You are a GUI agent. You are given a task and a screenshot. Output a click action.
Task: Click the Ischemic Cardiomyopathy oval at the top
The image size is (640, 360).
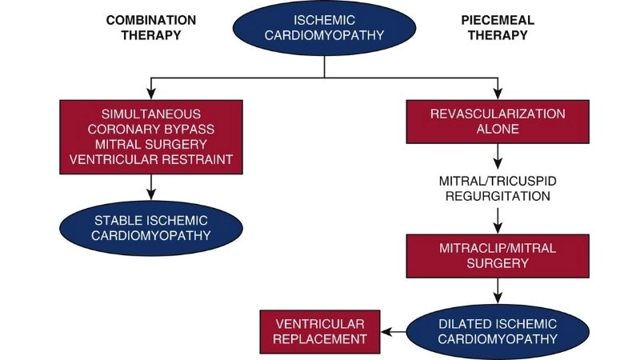(x=323, y=30)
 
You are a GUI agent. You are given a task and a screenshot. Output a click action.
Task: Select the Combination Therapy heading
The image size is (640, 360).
(x=151, y=28)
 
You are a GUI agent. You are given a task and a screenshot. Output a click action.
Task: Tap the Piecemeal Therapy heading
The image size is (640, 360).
(x=498, y=28)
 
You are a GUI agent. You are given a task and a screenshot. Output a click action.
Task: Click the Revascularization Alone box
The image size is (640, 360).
(x=498, y=122)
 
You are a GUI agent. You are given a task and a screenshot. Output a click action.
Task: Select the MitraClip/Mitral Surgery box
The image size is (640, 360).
(x=498, y=254)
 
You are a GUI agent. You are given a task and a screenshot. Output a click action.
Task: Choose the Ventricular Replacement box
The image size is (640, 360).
(x=320, y=331)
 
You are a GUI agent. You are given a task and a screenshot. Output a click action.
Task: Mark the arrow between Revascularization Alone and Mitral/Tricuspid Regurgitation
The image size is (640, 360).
(x=498, y=155)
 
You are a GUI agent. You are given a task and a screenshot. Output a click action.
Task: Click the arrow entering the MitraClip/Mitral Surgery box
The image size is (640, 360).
(x=498, y=219)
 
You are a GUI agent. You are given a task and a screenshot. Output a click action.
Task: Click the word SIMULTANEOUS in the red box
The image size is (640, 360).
(x=151, y=114)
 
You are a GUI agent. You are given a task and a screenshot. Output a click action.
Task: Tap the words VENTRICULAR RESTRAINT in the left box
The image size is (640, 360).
(x=151, y=159)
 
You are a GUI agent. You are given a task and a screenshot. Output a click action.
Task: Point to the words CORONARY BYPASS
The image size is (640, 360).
(x=151, y=130)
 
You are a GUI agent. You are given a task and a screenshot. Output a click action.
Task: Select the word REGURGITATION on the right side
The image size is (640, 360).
(x=498, y=194)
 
